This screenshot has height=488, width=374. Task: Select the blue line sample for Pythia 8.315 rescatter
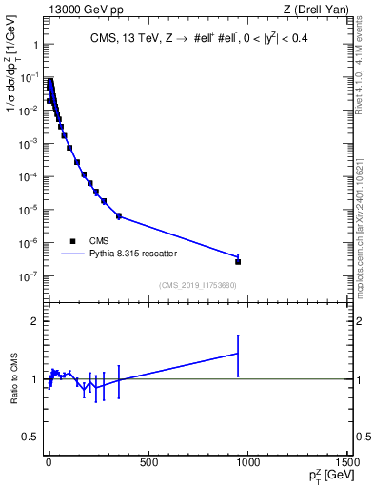pyautogui.click(x=73, y=254)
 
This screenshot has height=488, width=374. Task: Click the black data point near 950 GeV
pyautogui.click(x=238, y=261)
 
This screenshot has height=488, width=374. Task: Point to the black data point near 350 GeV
pyautogui.click(x=119, y=216)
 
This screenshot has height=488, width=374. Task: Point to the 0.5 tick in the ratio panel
pyautogui.click(x=29, y=437)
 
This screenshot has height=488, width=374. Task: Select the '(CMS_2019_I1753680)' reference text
pyautogui.click(x=197, y=285)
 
